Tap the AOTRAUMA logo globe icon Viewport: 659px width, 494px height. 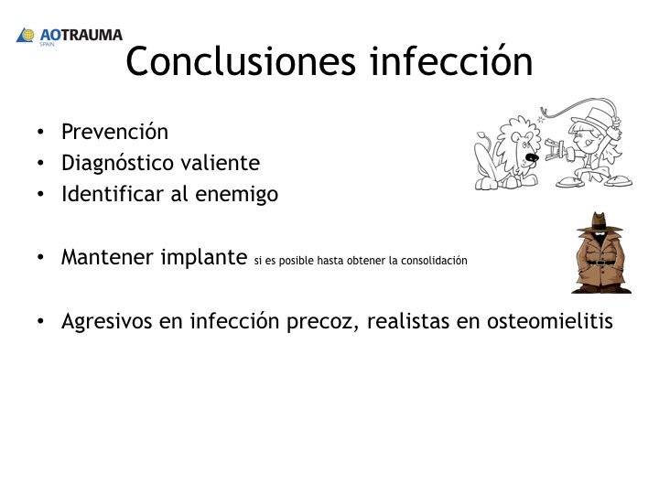point(26,36)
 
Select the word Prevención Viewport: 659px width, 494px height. point(114,132)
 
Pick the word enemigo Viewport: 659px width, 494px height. point(239,195)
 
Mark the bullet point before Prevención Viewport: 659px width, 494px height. point(40,133)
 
